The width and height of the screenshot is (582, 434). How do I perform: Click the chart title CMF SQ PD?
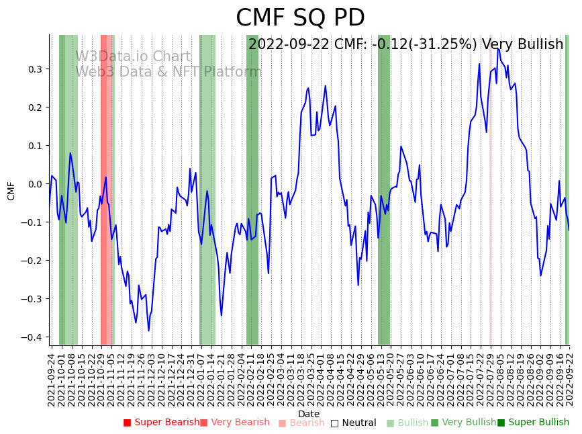300,18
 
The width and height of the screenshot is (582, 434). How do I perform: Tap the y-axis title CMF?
11,191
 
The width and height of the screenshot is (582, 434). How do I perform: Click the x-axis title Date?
309,414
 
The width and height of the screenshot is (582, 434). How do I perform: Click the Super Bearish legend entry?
161,423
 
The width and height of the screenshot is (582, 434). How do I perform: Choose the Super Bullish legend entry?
533,423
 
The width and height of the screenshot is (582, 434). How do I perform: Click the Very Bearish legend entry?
234,423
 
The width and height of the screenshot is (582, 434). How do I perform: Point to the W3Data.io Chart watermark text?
133,57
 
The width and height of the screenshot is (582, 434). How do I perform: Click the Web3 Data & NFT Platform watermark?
168,72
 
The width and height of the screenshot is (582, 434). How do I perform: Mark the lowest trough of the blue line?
148,331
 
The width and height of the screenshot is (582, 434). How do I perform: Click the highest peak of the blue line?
497,48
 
